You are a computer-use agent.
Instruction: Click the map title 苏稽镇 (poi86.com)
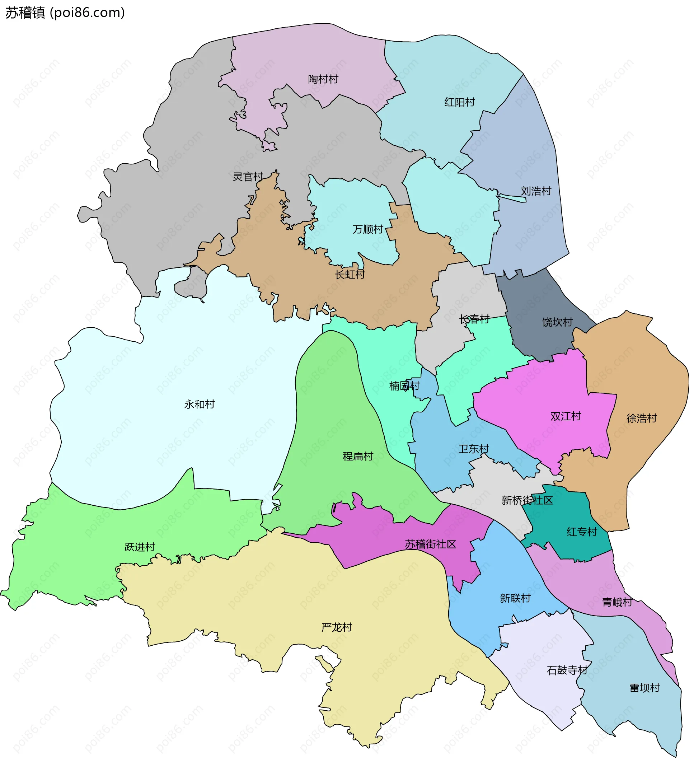[65, 13]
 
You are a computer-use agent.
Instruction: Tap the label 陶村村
[323, 79]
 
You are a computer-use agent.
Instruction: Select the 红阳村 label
[459, 102]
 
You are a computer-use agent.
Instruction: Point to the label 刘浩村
[536, 191]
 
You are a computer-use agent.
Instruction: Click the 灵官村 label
[248, 177]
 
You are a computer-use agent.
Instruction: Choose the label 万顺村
[368, 229]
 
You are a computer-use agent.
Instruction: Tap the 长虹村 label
[350, 274]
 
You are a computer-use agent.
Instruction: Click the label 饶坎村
[557, 322]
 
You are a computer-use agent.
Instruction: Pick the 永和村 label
[200, 404]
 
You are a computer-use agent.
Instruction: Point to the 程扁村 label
[358, 456]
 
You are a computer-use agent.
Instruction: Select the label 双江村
[566, 416]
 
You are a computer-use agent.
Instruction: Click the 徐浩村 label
[642, 418]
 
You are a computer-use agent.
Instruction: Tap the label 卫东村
[474, 449]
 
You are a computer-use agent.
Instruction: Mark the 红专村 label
[582, 532]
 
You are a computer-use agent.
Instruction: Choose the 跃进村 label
[140, 547]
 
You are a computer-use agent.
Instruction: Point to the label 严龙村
[337, 627]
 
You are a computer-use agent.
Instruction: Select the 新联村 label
[515, 598]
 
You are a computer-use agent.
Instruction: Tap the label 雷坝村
[645, 688]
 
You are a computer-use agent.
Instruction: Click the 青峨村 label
[617, 602]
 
